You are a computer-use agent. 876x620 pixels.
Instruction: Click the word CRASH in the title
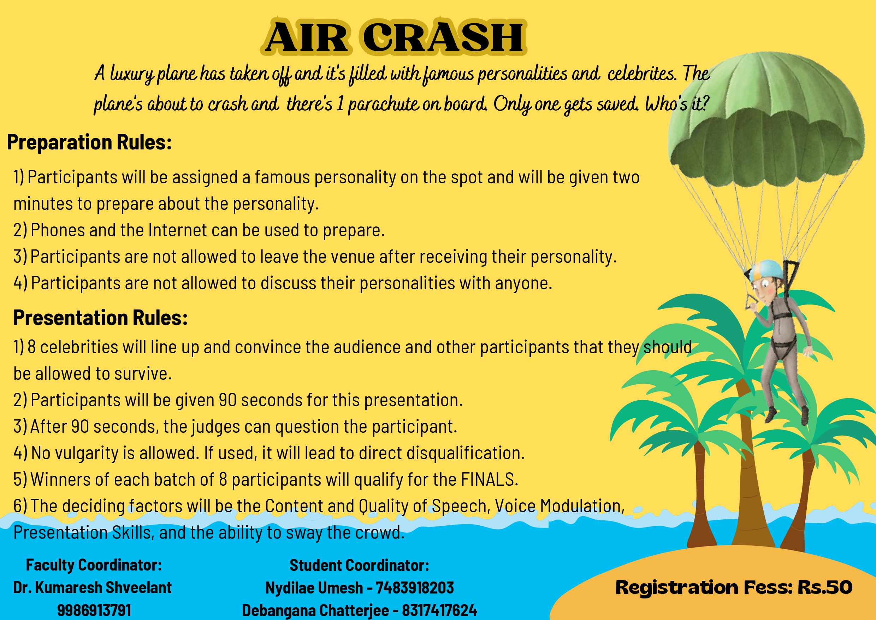click(443, 37)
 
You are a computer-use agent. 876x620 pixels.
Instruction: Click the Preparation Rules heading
click(89, 142)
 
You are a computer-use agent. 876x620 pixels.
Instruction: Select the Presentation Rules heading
click(100, 318)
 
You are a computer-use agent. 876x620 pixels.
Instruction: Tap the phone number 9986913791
click(94, 610)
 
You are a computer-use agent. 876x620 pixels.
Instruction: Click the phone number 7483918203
click(415, 587)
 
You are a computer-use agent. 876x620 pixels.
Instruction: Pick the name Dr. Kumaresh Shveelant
click(93, 587)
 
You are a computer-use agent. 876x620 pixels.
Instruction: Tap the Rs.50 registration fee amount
click(825, 587)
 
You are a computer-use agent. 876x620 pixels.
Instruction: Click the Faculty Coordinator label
click(94, 565)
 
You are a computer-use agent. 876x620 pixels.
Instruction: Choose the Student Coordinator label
click(360, 565)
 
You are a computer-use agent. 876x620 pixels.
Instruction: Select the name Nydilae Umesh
click(314, 588)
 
